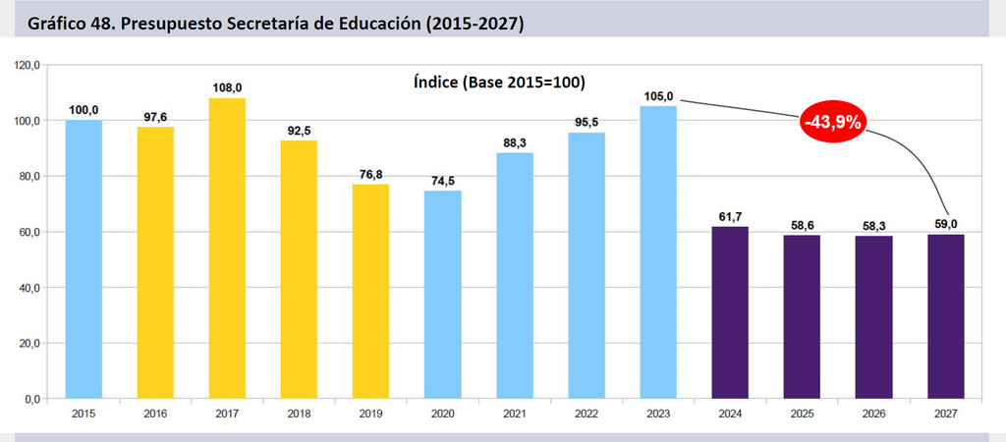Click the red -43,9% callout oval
pos(832,122)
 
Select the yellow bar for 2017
pos(227,249)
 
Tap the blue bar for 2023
pos(658,252)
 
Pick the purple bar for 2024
pos(730,312)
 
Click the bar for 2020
pos(443,295)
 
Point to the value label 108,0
pos(227,87)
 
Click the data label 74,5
pos(443,181)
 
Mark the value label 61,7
pos(730,216)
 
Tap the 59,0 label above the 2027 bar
pos(946,224)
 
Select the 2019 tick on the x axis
pos(370,414)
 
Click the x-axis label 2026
pos(873,414)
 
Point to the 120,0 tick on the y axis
pos(28,65)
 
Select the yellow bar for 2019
pos(370,292)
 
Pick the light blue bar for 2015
pos(84,259)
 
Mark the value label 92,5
pos(299,131)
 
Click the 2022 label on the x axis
pos(587,414)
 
